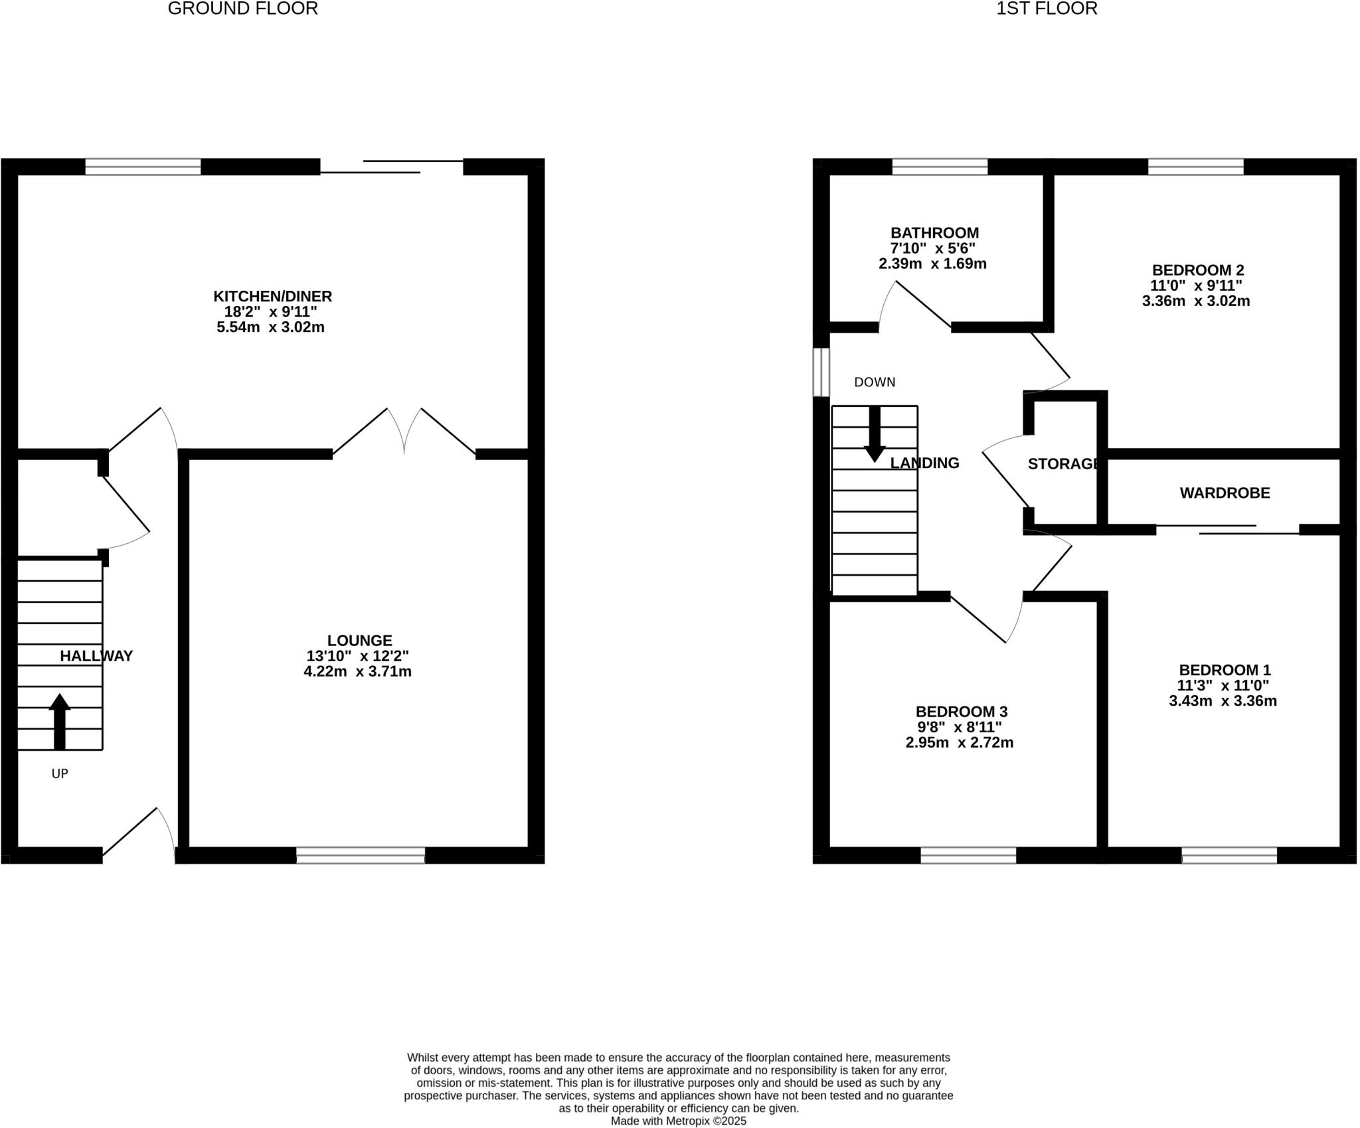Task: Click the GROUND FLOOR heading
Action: tap(242, 9)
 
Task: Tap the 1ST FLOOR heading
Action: tap(1047, 9)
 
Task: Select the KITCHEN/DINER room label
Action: tap(272, 296)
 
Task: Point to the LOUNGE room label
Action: tap(359, 641)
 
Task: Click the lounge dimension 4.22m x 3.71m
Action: tap(357, 671)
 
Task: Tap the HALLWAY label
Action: tap(96, 656)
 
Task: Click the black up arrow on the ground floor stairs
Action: tap(60, 721)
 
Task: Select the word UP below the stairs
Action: tap(60, 773)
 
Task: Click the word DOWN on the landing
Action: tap(875, 382)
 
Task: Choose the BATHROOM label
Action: tap(934, 233)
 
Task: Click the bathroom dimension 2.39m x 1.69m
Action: tap(932, 264)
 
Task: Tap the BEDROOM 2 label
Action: tap(1198, 270)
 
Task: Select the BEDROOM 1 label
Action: tap(1225, 670)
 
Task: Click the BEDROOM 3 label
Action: tap(962, 712)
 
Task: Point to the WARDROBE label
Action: tap(1225, 493)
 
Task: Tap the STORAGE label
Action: tap(1063, 464)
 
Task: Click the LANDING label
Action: tap(924, 463)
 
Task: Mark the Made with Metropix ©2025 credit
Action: tap(679, 1121)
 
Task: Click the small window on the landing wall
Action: tap(822, 372)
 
